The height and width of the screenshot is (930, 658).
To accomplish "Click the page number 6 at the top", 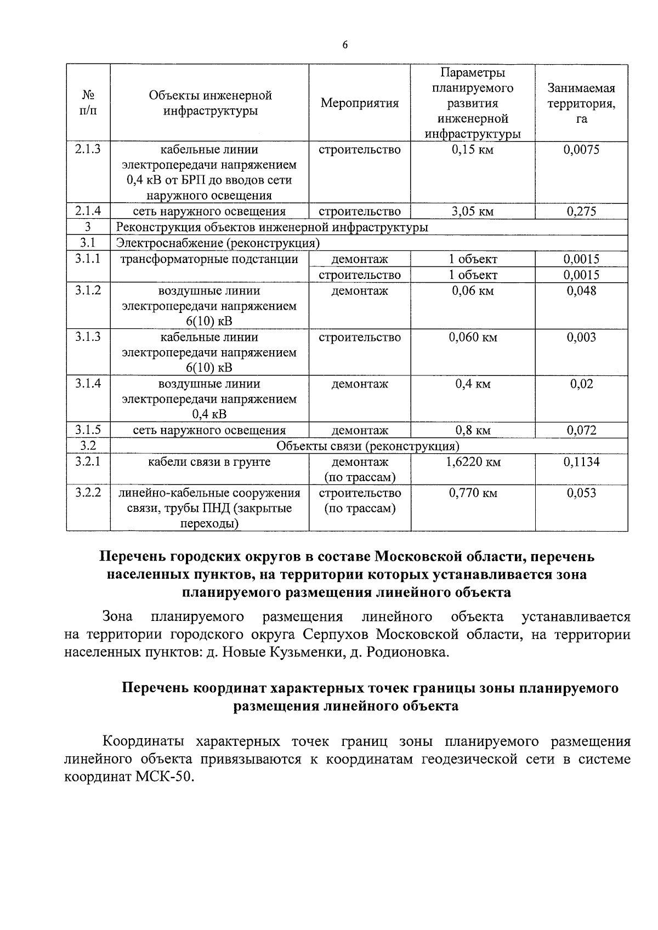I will [345, 45].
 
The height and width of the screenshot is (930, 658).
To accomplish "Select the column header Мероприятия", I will [359, 103].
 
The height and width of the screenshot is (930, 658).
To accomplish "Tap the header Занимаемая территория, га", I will [581, 103].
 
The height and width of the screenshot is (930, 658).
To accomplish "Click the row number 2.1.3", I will [88, 149].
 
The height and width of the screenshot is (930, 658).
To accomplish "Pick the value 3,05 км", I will [473, 212].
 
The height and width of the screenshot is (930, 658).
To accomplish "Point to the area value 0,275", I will [581, 212].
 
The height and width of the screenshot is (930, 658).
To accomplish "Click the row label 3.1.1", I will [88, 259].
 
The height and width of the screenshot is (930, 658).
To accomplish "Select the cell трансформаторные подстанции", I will [209, 259].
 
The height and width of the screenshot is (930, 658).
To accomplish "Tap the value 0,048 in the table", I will [581, 290].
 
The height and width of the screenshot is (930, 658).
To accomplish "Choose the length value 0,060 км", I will [473, 337].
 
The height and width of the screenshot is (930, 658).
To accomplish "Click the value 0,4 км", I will [473, 384].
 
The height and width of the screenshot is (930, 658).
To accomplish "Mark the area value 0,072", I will [581, 430].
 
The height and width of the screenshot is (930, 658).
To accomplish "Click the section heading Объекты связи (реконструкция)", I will [368, 446].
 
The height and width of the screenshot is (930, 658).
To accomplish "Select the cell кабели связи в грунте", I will [209, 461].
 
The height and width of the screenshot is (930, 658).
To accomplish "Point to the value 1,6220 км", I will [473, 462].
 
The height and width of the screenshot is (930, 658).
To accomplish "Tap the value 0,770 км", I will [473, 493].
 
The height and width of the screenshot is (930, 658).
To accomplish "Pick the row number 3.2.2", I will [88, 492].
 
